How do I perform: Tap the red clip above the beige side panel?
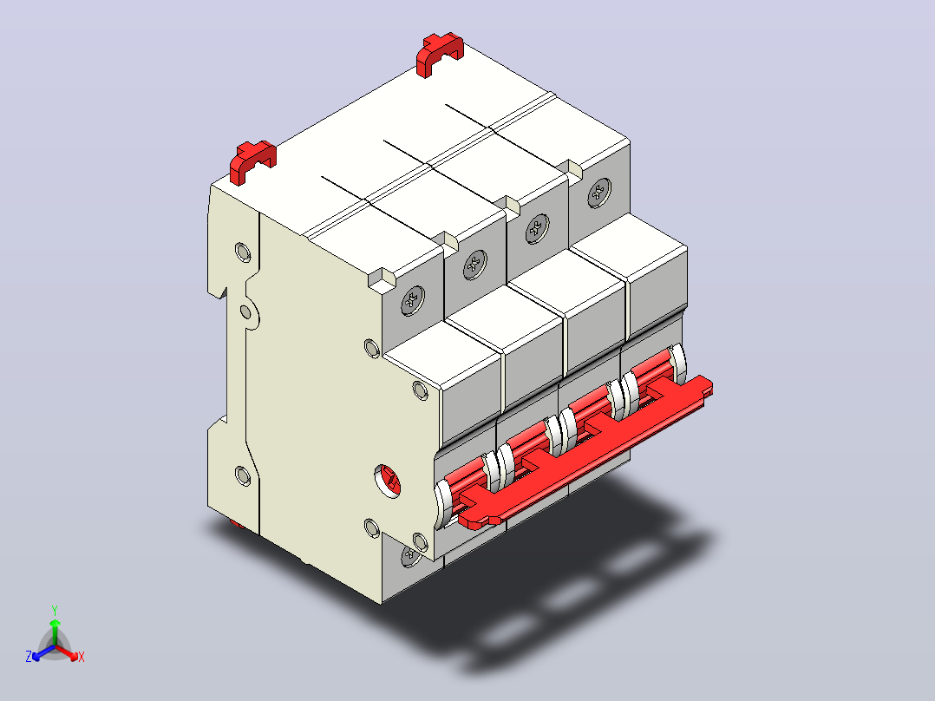[253, 161]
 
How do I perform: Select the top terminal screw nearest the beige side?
[413, 300]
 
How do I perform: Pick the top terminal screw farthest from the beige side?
[599, 192]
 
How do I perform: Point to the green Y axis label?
[55, 610]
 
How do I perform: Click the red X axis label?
[82, 657]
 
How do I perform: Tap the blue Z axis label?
[28, 656]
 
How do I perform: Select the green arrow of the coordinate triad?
[55, 632]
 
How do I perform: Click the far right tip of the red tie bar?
[712, 387]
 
